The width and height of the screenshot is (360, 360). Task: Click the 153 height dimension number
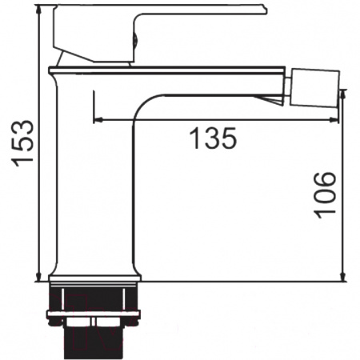click(x=23, y=143)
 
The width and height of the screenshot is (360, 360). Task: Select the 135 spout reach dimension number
click(x=214, y=138)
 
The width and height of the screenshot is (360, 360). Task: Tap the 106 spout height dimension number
click(x=324, y=194)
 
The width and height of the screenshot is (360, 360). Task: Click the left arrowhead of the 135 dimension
click(x=98, y=121)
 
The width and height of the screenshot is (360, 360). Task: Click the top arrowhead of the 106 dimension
click(x=343, y=93)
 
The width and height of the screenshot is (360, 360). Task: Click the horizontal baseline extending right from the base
click(x=240, y=282)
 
